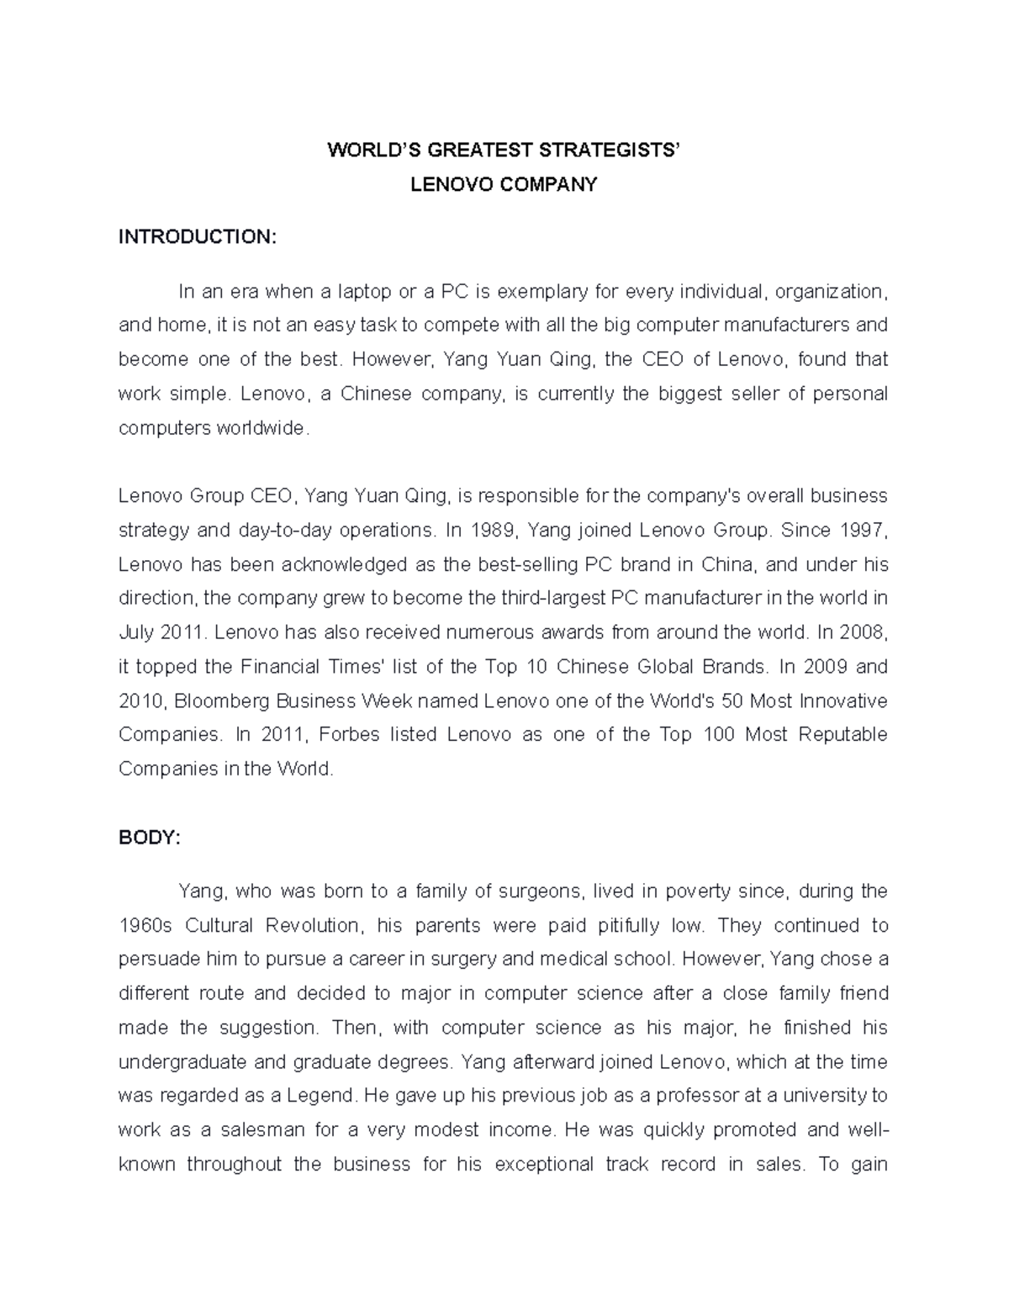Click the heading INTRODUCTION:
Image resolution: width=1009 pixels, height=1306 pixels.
(197, 237)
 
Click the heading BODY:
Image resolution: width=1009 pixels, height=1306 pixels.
(150, 838)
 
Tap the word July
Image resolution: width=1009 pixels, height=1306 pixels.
(138, 632)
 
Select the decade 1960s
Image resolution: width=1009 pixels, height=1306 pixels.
(145, 925)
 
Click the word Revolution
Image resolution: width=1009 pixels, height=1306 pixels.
(312, 925)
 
